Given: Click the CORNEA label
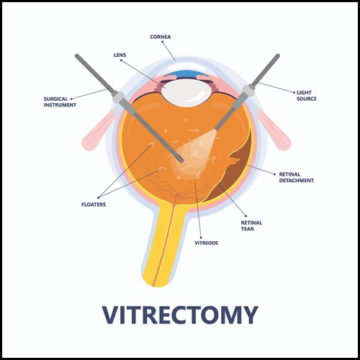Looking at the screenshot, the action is click(x=161, y=37).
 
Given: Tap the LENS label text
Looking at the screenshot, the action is click(x=120, y=55).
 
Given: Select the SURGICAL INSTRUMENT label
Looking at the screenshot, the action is click(x=60, y=102).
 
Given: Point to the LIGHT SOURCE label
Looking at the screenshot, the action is click(x=307, y=96).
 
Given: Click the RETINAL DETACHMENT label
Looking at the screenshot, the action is click(x=297, y=177).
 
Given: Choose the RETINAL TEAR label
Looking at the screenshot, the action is click(x=251, y=225).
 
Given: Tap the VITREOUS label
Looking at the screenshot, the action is click(x=206, y=243).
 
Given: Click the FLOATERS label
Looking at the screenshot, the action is click(x=94, y=204).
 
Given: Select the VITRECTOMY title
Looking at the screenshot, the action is click(x=180, y=315).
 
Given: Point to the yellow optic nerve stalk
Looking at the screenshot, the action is click(x=163, y=243).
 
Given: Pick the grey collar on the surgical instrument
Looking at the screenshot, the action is click(x=117, y=97).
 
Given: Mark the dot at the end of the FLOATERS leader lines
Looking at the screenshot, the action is click(x=99, y=197).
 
